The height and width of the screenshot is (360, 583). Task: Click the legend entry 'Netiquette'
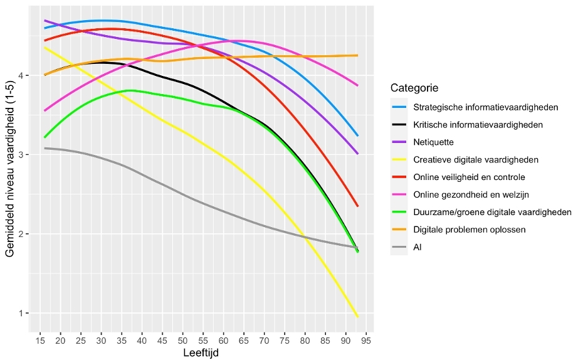click(433, 142)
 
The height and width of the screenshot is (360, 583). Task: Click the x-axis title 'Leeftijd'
click(201, 354)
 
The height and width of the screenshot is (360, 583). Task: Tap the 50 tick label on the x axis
click(182, 341)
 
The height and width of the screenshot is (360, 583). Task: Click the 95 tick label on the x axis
click(364, 341)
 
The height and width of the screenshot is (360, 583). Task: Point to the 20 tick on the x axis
click(61, 341)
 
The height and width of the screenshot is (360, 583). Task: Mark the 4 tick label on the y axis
click(21, 76)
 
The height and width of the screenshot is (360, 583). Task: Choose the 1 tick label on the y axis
click(21, 314)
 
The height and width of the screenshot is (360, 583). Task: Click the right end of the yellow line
click(358, 317)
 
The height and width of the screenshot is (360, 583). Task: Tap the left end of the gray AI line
click(45, 149)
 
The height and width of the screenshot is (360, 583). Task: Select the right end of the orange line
click(358, 55)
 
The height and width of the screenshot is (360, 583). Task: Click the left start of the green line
click(45, 137)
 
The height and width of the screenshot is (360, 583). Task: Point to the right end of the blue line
click(358, 135)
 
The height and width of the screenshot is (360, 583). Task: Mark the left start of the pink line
click(45, 110)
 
